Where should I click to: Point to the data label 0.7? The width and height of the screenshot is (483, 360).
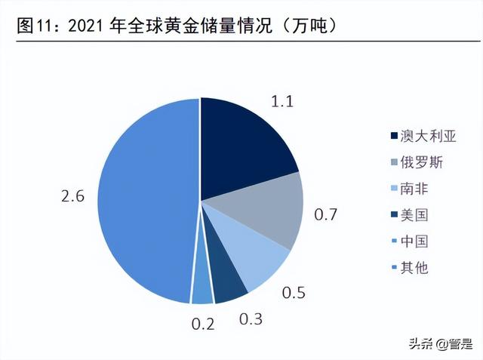[325, 216]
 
